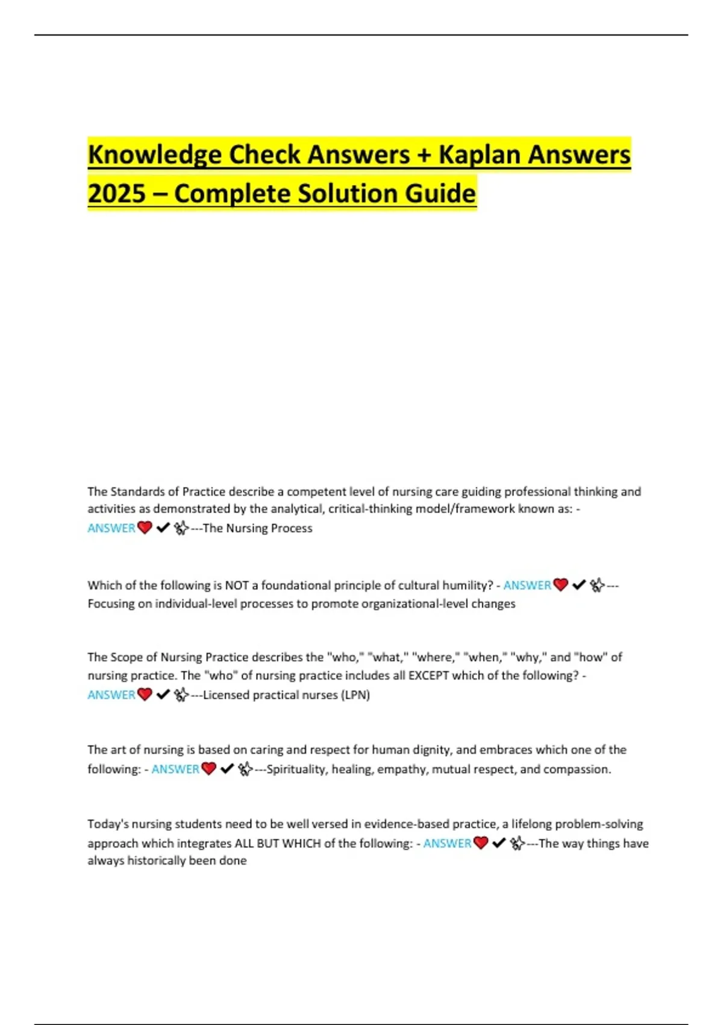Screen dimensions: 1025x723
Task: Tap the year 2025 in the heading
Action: tap(117, 194)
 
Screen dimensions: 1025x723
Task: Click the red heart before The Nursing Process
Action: tap(145, 528)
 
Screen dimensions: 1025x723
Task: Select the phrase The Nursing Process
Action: tap(257, 528)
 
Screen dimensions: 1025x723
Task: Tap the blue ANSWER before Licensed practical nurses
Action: tap(111, 695)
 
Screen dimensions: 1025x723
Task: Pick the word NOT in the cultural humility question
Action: tap(237, 585)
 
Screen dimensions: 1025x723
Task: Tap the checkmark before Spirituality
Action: tap(227, 769)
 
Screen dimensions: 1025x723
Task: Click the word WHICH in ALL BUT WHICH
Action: tap(302, 843)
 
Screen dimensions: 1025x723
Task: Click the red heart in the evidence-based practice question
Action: tap(481, 843)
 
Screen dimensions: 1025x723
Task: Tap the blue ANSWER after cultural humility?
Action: tap(527, 585)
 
